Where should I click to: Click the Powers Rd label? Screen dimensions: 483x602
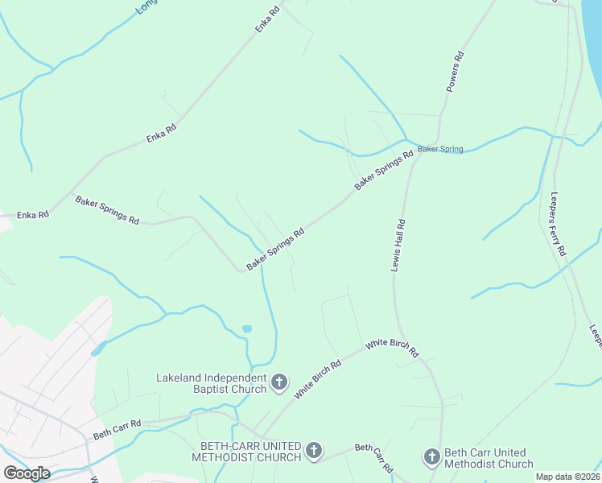click(x=455, y=72)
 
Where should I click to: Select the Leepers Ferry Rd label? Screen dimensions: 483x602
click(x=558, y=224)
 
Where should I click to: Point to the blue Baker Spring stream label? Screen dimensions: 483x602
click(x=440, y=149)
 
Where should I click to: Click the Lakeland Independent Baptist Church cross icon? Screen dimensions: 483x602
click(x=278, y=382)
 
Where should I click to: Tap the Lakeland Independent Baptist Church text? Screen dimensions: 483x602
click(x=210, y=383)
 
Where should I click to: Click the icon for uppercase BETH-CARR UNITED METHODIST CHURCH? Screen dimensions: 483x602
click(x=314, y=452)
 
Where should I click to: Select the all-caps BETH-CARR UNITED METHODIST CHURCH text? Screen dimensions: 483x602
click(x=246, y=452)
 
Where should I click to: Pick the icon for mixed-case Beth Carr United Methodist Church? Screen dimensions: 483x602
click(x=431, y=458)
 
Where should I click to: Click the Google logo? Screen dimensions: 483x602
click(x=27, y=473)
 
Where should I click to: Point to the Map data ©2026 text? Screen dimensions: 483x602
click(x=567, y=477)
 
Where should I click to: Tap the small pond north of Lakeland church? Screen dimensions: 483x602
click(x=246, y=328)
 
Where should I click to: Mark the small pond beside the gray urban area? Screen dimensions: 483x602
click(x=98, y=349)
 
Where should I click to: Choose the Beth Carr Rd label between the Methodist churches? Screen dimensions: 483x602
click(x=374, y=457)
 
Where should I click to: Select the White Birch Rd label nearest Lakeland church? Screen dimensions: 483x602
click(x=317, y=379)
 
